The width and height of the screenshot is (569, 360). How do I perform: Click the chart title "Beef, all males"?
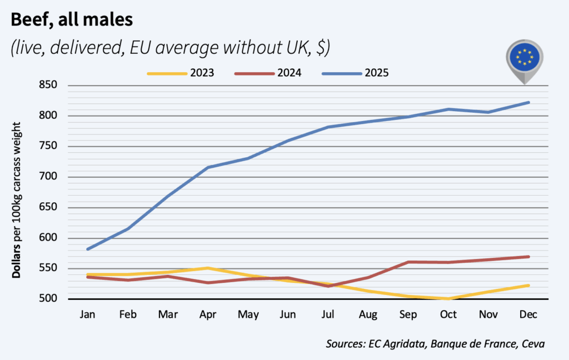(x=72, y=21)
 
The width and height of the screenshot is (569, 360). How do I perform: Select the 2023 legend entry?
(x=184, y=73)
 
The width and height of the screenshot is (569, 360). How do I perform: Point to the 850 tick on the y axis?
(x=48, y=86)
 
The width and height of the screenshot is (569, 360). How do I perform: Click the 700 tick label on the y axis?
(x=48, y=177)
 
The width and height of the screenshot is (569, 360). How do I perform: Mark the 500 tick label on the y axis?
(x=48, y=299)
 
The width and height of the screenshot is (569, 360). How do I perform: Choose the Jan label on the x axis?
(x=87, y=314)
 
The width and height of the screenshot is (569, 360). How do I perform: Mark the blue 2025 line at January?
(x=88, y=249)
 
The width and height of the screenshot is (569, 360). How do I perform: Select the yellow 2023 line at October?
(x=448, y=299)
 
